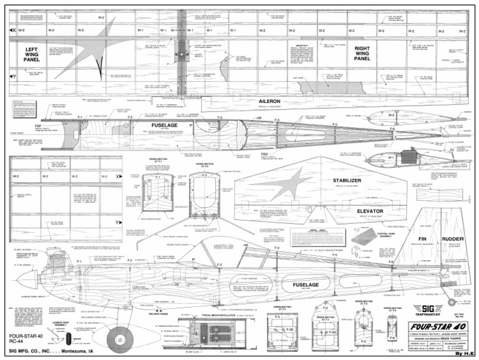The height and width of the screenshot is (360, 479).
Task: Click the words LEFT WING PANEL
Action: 32,54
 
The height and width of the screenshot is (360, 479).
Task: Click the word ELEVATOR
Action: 352,211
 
